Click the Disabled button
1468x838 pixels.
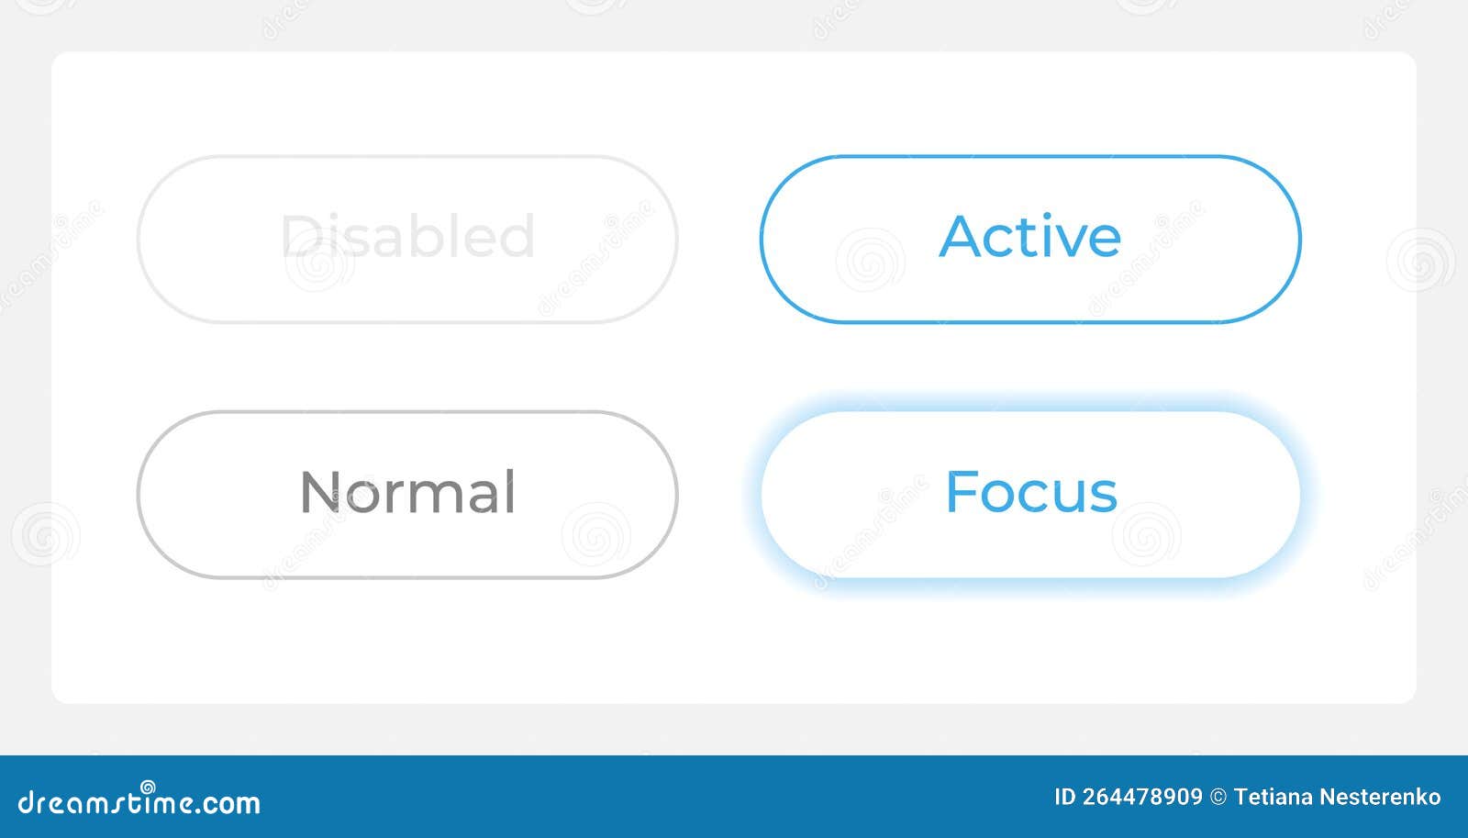tap(407, 240)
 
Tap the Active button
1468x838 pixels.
tap(1030, 240)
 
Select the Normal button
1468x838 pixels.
tap(407, 495)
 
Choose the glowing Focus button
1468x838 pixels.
tap(1030, 495)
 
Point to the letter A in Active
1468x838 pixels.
tap(962, 235)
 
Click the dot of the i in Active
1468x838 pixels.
tap(1047, 216)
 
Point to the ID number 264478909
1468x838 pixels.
tap(1142, 797)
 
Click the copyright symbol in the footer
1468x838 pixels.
tap(1218, 797)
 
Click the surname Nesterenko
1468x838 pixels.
tap(1380, 797)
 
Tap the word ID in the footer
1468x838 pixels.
tap(1065, 797)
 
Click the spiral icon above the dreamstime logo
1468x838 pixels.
tap(148, 787)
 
